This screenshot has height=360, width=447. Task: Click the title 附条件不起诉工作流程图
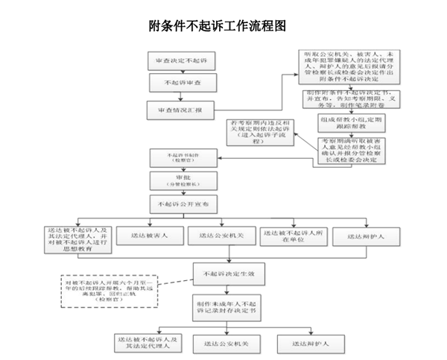[218, 26]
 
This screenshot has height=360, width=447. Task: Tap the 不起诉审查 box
[182, 83]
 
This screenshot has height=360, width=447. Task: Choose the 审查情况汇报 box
[182, 110]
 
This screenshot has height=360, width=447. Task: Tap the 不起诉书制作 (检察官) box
[183, 157]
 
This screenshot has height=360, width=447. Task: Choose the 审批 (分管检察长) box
[183, 180]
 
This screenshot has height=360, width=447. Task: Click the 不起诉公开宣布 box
[183, 203]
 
